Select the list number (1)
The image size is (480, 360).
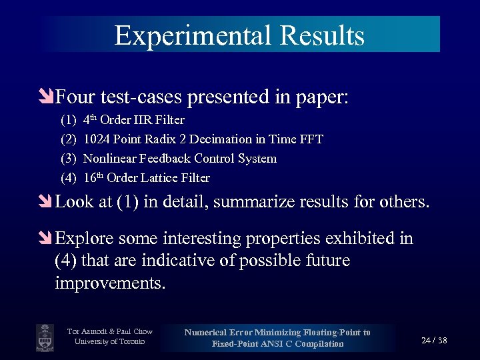coord(68,121)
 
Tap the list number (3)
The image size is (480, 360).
coord(68,159)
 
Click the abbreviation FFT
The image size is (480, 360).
coord(311,140)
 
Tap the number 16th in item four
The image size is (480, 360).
coord(93,178)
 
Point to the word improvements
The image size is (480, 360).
coord(110,283)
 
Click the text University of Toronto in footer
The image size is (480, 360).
coord(109,343)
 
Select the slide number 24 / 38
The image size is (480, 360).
coord(434,341)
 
